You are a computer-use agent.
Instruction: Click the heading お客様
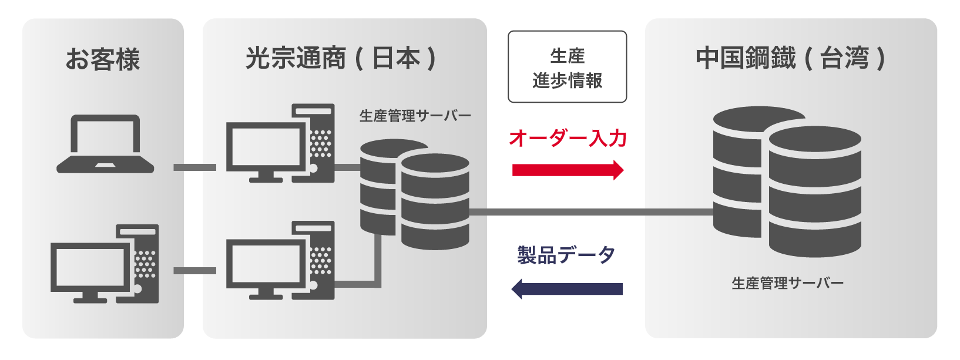[x=103, y=59]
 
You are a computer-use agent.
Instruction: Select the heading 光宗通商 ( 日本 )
[x=341, y=58]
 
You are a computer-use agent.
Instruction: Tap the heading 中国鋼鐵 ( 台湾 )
[x=791, y=58]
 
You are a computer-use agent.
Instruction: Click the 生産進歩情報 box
[x=568, y=66]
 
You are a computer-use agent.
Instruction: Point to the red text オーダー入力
[x=568, y=138]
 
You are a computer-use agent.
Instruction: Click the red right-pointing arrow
[x=568, y=170]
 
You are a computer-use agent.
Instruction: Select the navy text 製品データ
[x=566, y=255]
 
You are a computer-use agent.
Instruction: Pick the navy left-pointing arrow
[x=567, y=289]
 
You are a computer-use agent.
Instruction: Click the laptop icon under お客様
[x=105, y=144]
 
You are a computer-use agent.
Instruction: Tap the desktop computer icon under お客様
[x=105, y=264]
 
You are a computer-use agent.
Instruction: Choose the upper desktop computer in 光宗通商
[x=280, y=143]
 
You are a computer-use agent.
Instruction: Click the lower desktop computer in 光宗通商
[x=280, y=260]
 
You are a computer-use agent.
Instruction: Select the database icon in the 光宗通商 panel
[x=415, y=194]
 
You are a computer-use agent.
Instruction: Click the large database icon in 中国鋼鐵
[x=787, y=181]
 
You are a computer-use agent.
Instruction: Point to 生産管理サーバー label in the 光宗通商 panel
[x=415, y=116]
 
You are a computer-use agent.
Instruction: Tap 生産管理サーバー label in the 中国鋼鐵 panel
[x=788, y=283]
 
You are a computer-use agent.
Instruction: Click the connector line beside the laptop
[x=195, y=167]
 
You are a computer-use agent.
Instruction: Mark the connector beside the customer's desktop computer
[x=195, y=271]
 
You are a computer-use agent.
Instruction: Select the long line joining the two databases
[x=592, y=212]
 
